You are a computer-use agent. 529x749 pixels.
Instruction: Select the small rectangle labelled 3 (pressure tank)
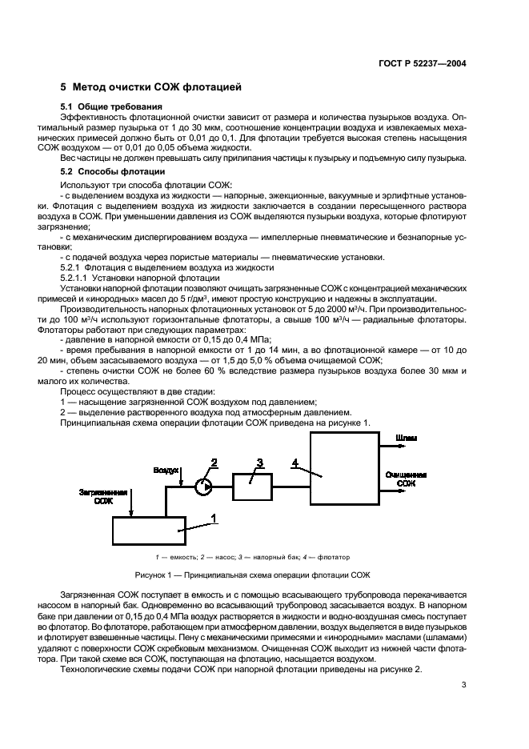(255, 485)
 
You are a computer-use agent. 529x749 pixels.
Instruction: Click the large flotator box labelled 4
(343, 469)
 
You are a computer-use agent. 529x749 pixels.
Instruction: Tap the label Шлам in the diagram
(405, 439)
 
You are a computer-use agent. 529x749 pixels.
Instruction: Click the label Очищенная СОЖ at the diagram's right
(406, 479)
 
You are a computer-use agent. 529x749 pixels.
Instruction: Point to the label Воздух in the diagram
(166, 471)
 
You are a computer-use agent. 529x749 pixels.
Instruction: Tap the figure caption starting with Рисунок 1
(264, 576)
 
